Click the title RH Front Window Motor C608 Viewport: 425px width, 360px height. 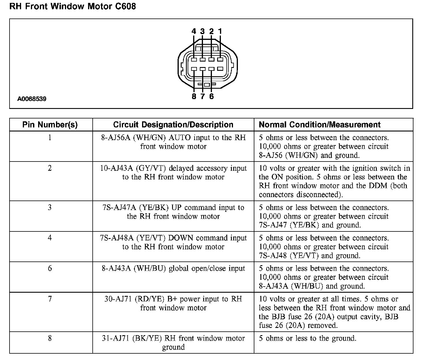[x=72, y=6]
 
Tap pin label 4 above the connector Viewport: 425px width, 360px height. [x=194, y=31]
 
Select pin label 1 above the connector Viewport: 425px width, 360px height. [x=220, y=31]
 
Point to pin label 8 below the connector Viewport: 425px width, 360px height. [x=194, y=97]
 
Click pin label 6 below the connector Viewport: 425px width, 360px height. [x=211, y=97]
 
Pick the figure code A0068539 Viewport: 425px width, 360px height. [x=32, y=99]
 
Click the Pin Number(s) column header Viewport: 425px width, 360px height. [x=50, y=125]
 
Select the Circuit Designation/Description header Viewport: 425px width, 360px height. [x=173, y=125]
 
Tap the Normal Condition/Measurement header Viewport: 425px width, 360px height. [x=320, y=125]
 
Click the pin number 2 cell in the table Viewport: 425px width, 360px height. [x=50, y=168]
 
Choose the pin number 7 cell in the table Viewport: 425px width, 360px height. [x=50, y=299]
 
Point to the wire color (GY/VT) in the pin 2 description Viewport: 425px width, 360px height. [x=151, y=168]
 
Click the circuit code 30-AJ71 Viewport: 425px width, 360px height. [x=118, y=299]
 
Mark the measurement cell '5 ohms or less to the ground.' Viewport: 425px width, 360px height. [x=307, y=338]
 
